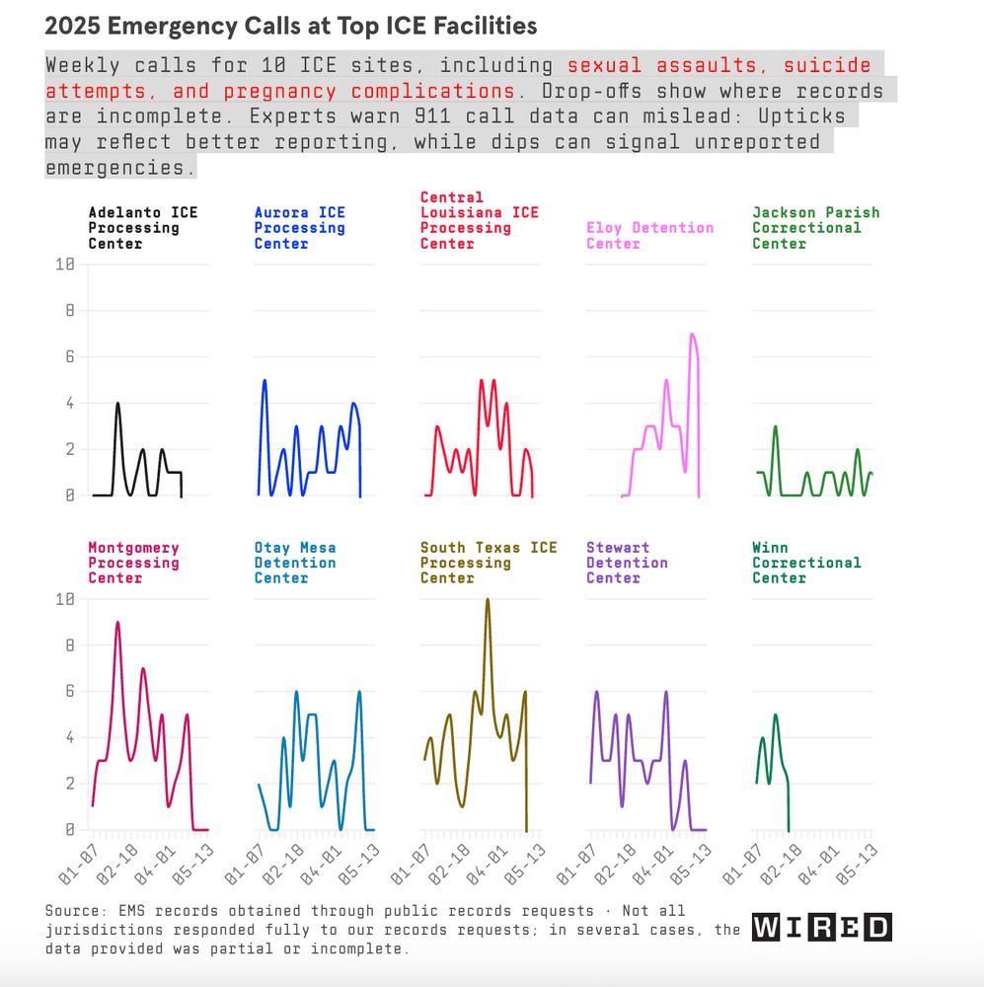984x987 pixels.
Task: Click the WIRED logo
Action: click(x=821, y=927)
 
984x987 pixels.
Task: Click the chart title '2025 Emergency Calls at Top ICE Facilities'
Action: click(x=291, y=26)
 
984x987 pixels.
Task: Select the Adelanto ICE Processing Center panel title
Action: click(x=142, y=227)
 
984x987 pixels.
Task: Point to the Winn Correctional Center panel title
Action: click(x=805, y=563)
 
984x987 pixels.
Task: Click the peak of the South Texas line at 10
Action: click(x=487, y=599)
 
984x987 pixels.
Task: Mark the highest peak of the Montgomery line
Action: click(x=117, y=623)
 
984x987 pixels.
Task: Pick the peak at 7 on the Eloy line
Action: click(x=692, y=334)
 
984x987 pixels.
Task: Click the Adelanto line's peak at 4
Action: click(x=117, y=403)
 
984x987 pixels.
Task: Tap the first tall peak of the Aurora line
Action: click(x=265, y=380)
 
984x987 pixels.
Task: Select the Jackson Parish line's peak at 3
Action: click(x=776, y=426)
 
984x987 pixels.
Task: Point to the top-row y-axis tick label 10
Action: click(x=65, y=265)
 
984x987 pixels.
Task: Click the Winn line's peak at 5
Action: click(x=776, y=715)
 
